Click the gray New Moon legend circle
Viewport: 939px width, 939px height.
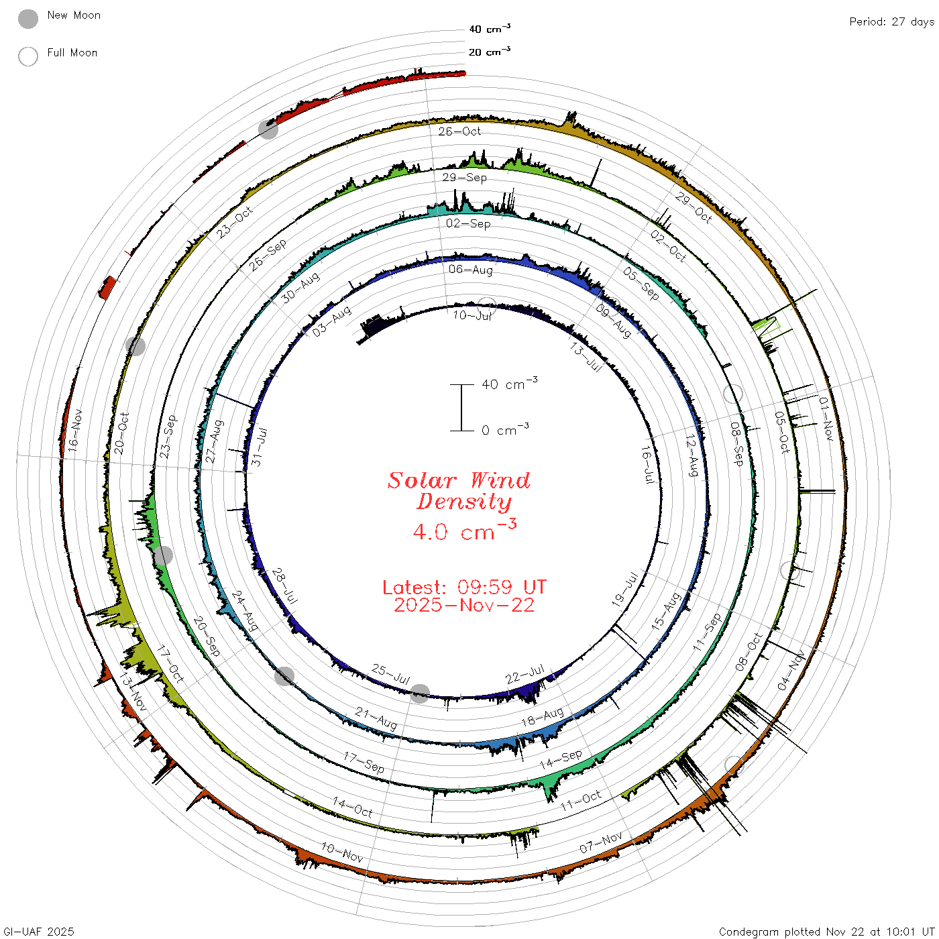pyautogui.click(x=27, y=19)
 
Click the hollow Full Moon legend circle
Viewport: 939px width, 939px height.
pyautogui.click(x=27, y=56)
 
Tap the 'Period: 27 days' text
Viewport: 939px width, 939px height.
pyautogui.click(x=892, y=22)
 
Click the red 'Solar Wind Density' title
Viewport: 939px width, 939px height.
pyautogui.click(x=459, y=491)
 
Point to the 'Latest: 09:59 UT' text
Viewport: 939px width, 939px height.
pyautogui.click(x=464, y=587)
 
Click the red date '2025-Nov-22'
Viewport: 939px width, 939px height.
pyautogui.click(x=464, y=605)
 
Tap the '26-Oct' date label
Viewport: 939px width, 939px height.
pyautogui.click(x=459, y=131)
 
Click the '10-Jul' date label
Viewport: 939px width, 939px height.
pyautogui.click(x=472, y=315)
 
